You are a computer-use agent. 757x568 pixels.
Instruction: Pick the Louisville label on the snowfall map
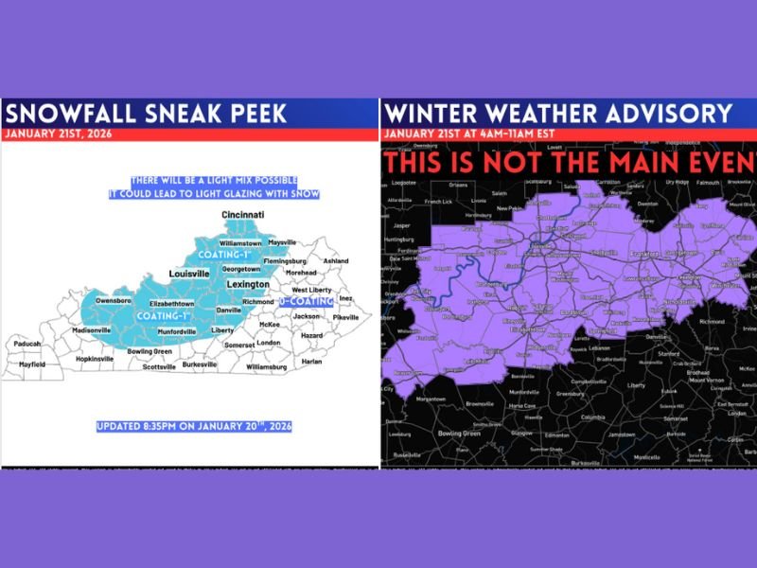click(188, 274)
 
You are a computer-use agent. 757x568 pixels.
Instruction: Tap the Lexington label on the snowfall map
click(249, 283)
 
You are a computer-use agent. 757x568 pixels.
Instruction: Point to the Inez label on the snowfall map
click(344, 298)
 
